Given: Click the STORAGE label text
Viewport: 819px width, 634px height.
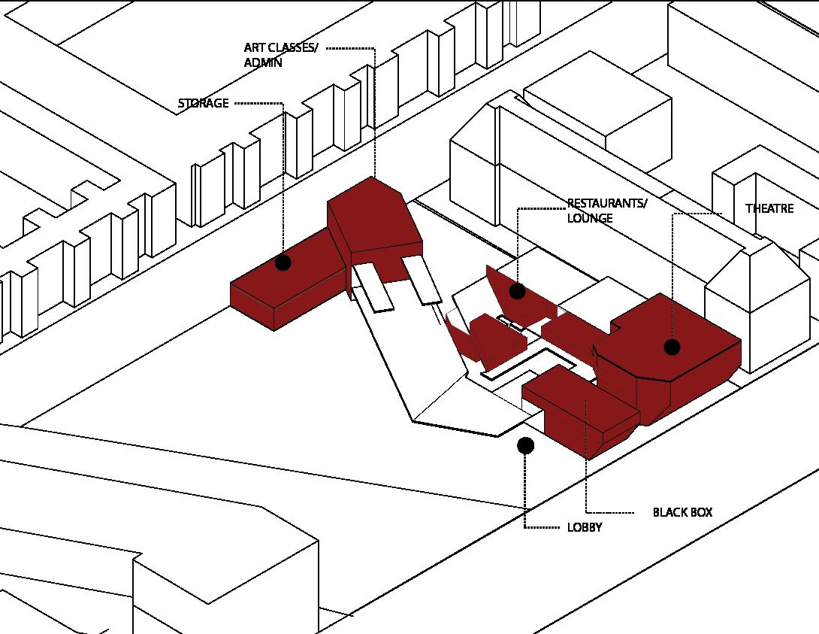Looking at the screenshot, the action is [x=203, y=104].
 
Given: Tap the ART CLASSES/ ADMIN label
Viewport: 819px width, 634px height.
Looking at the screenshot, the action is [x=280, y=56].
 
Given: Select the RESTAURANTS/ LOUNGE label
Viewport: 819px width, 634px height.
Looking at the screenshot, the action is [x=606, y=211].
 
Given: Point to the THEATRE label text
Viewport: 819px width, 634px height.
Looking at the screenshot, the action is [x=769, y=208].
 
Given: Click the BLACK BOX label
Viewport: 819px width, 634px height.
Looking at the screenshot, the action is [x=682, y=513].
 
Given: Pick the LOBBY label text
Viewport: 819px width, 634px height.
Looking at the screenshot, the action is [x=585, y=528].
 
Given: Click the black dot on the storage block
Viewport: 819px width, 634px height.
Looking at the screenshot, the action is [x=283, y=262].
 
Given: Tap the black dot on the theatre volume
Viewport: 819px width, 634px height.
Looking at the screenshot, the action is [x=672, y=347].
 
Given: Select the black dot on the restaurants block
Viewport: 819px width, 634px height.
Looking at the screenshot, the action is [x=517, y=291].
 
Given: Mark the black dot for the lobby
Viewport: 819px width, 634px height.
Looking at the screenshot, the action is [x=526, y=446].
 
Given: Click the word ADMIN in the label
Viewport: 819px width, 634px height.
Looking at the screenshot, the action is [x=263, y=63].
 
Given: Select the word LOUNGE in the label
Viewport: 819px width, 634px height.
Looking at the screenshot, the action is [x=590, y=219].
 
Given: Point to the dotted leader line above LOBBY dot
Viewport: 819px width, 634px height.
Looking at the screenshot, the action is [x=526, y=489].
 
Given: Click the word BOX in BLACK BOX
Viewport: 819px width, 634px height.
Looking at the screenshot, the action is [x=700, y=513].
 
